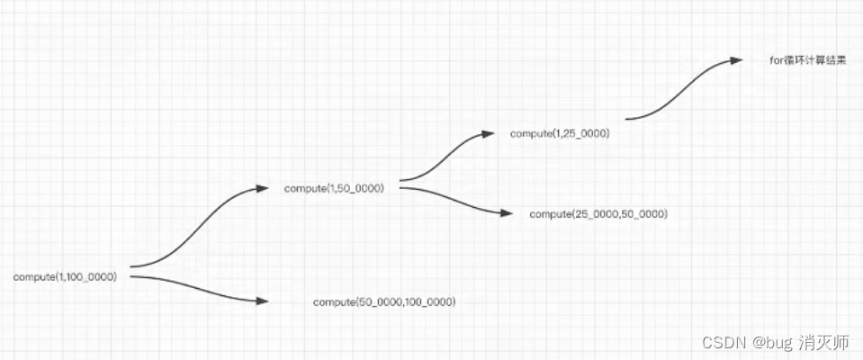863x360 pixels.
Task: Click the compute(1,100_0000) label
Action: (65, 277)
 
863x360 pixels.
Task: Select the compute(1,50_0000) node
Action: (334, 188)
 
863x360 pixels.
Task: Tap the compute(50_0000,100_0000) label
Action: (384, 302)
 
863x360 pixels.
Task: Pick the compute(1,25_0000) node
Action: (560, 133)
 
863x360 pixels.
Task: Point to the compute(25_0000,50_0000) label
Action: (598, 213)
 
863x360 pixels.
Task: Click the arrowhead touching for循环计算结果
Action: (736, 60)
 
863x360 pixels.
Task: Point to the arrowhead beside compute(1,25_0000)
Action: (489, 133)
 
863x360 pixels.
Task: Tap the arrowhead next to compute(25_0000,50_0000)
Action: (507, 213)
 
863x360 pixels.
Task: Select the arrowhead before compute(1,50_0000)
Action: (263, 188)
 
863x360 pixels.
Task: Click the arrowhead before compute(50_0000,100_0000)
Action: (262, 301)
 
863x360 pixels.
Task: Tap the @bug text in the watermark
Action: (771, 343)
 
